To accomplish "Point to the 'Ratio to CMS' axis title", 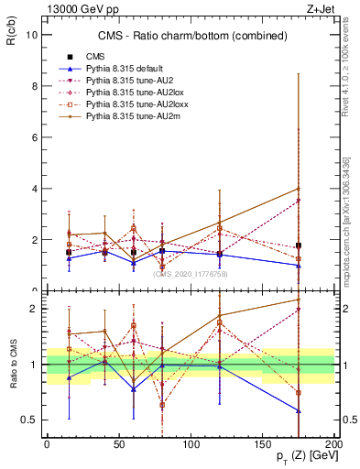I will point(14,364).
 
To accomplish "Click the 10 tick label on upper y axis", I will point(31,35).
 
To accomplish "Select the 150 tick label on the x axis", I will point(263,442).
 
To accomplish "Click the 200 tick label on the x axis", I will point(335,442).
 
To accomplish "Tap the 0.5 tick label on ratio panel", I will point(28,420).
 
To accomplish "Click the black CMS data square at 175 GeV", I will point(299,245).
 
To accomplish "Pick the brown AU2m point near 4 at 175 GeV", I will point(299,189).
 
